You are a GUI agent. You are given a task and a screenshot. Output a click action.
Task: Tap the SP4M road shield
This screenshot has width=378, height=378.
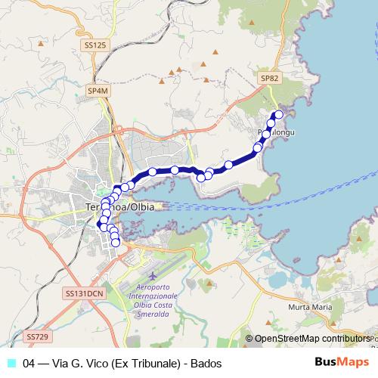[x=98, y=91]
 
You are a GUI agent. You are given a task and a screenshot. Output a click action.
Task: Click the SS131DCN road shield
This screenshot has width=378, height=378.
[x=84, y=293]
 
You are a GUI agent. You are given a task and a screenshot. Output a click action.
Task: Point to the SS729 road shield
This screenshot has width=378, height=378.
[x=36, y=336]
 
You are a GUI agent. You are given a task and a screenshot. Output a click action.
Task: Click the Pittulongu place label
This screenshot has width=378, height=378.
[x=275, y=132]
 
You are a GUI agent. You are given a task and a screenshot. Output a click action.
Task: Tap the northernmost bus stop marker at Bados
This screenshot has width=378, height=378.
[x=278, y=115]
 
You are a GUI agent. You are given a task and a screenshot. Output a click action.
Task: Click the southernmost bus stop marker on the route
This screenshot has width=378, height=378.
[x=116, y=243]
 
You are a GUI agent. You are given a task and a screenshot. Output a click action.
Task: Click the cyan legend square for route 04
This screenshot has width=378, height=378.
[x=11, y=363]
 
